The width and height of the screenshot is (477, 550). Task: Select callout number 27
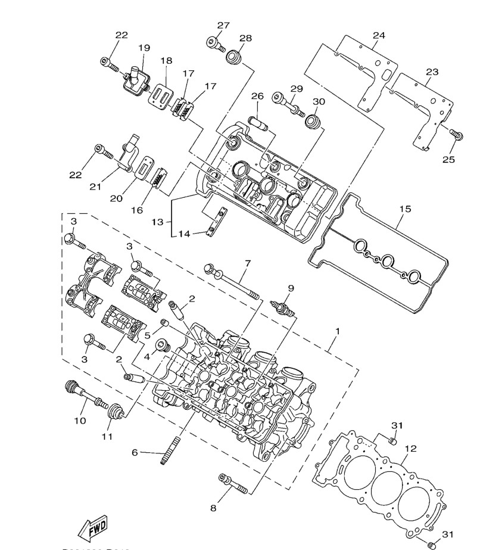(223, 26)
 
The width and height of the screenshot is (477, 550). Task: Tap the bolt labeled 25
(456, 135)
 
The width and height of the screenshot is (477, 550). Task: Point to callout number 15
(405, 209)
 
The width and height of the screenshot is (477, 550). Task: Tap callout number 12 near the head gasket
(410, 449)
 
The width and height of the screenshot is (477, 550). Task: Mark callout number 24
(379, 35)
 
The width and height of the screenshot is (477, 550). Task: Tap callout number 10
(80, 421)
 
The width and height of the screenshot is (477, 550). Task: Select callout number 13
(157, 222)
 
